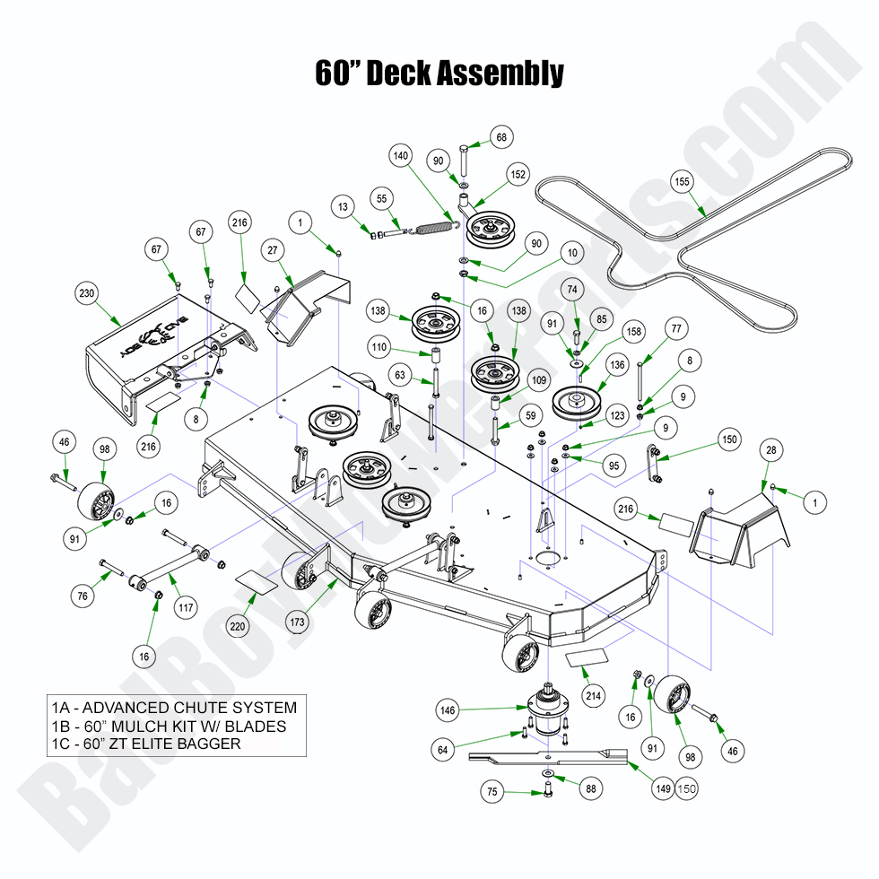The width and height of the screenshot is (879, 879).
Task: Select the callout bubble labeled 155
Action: click(683, 181)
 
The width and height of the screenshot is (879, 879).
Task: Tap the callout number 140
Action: click(401, 155)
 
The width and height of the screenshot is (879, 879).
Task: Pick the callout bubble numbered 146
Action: click(448, 709)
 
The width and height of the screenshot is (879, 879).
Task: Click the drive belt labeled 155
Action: click(664, 238)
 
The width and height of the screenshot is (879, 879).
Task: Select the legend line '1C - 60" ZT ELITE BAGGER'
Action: click(146, 744)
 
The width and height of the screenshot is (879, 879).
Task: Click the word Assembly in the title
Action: click(502, 73)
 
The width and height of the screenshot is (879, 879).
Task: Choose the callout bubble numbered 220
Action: click(238, 627)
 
